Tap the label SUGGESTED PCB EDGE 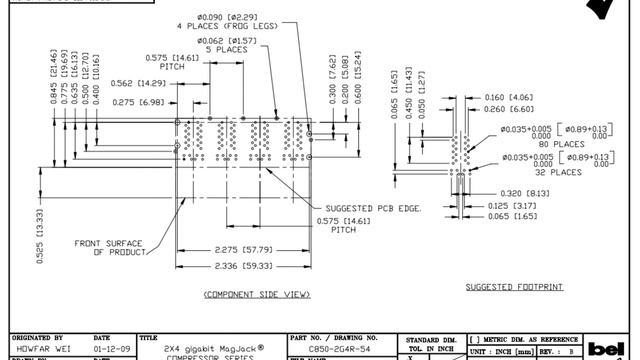(374, 207)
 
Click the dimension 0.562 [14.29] (138, 83)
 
